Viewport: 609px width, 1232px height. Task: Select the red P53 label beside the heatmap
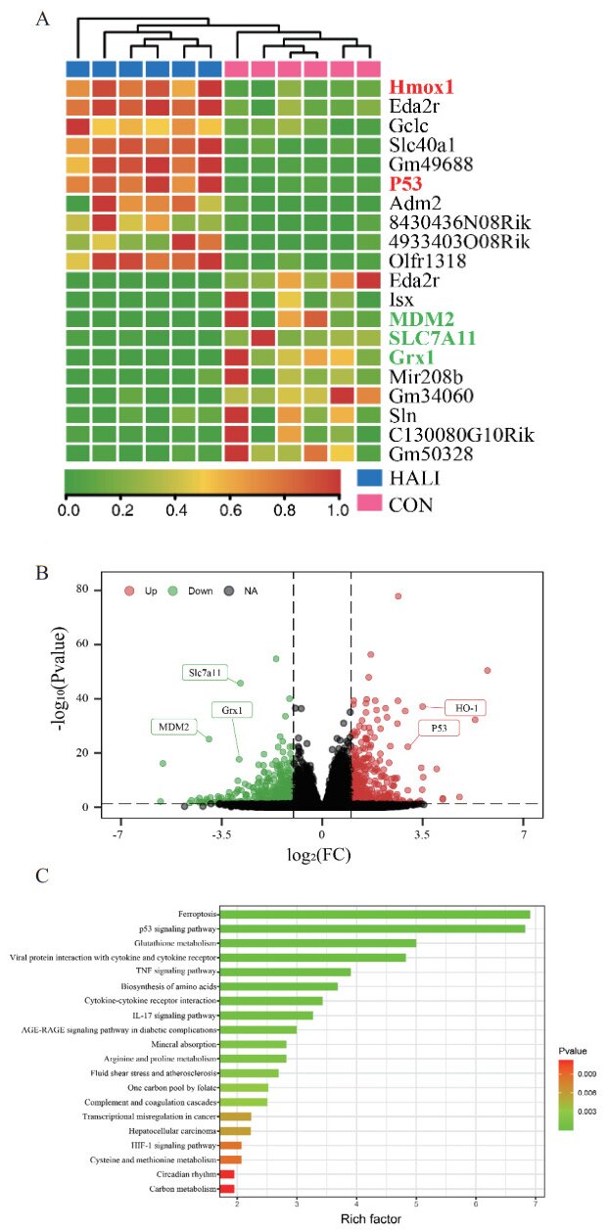(x=409, y=183)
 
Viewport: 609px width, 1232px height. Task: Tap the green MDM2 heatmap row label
(x=421, y=319)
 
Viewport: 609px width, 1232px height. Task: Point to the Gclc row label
(x=411, y=126)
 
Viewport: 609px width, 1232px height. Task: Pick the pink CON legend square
(x=366, y=505)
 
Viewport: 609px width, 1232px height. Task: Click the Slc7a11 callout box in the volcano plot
(x=207, y=672)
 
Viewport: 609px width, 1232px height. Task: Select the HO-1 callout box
(x=465, y=707)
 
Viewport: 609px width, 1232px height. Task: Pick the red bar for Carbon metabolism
(x=228, y=1188)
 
